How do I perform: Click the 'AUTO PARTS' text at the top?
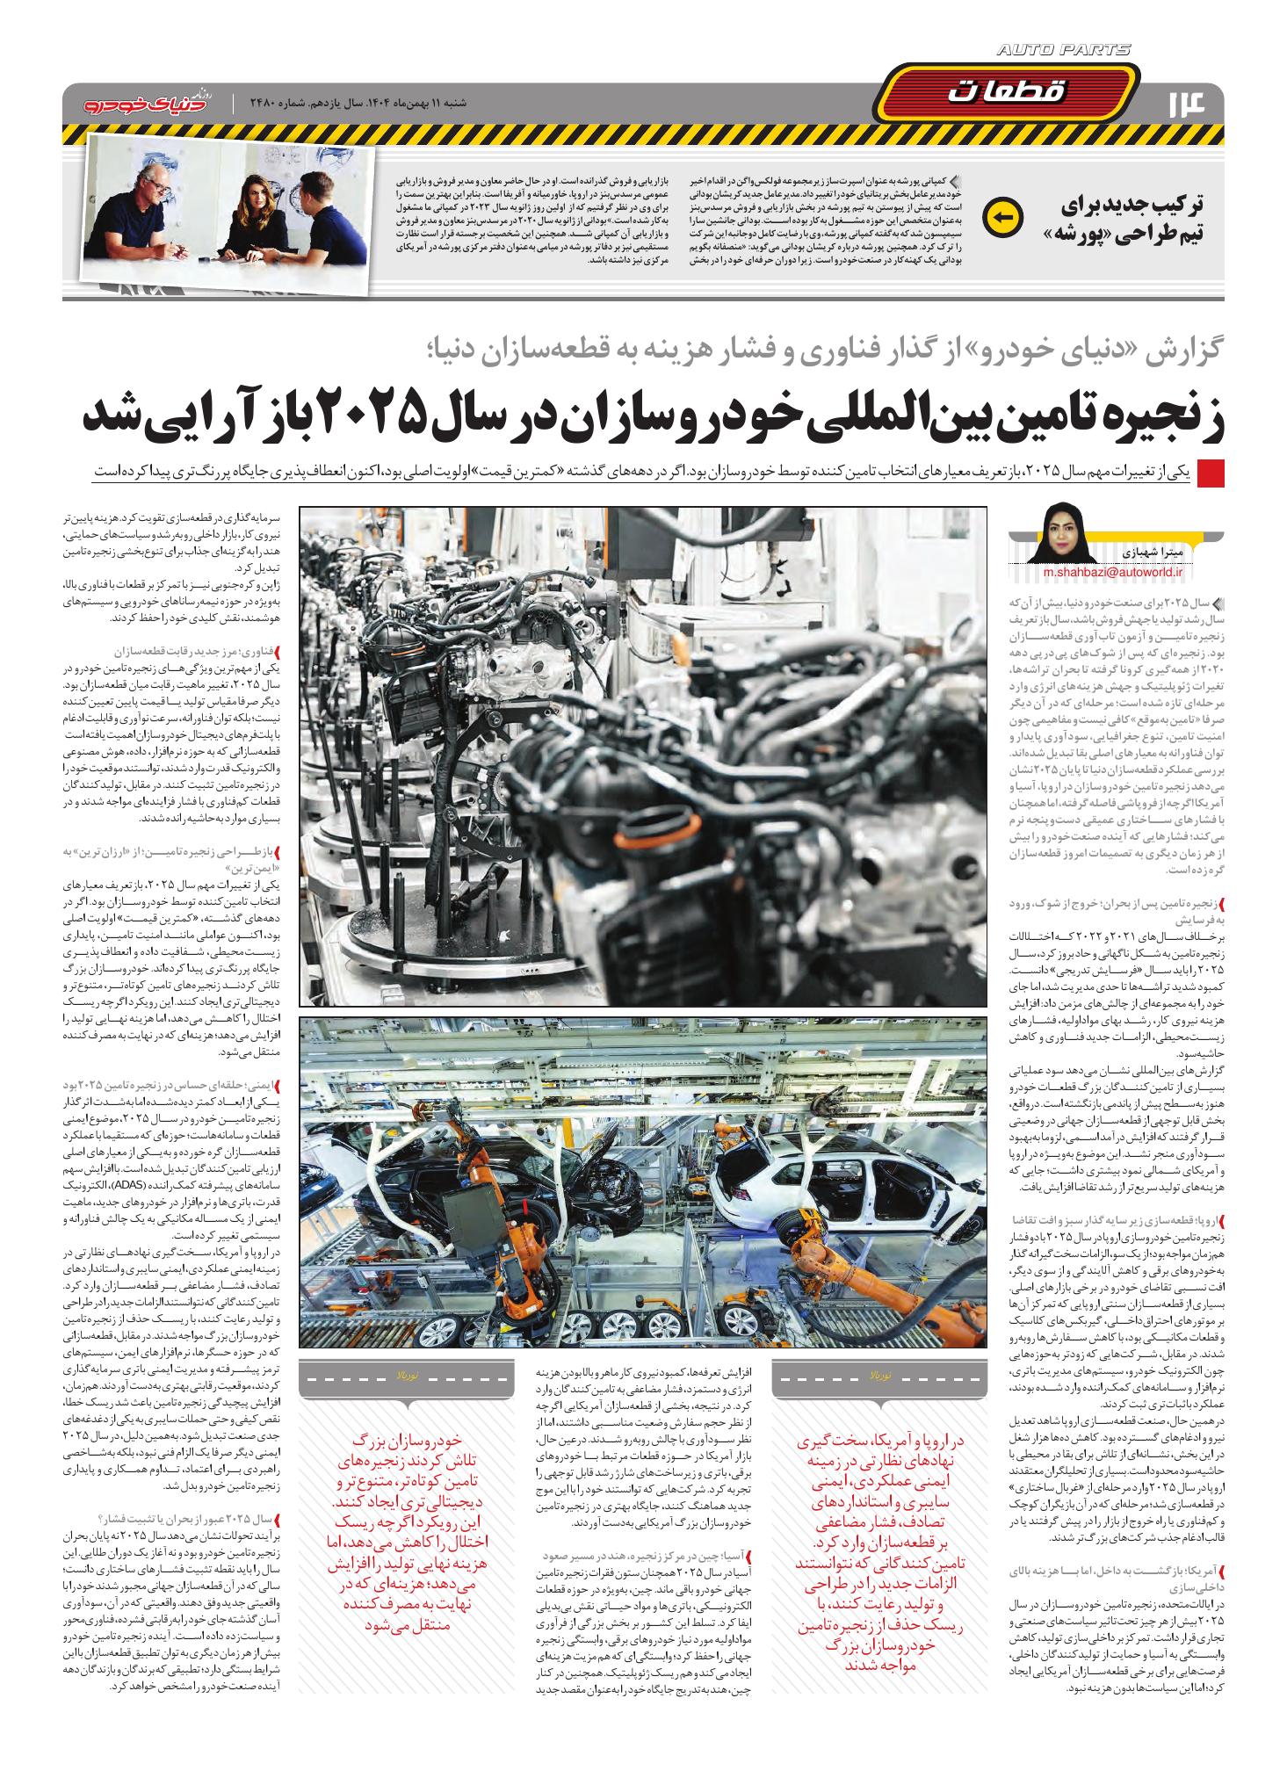1064,52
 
